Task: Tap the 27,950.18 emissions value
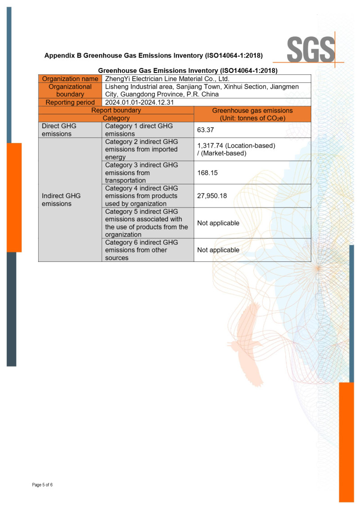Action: pos(215,195)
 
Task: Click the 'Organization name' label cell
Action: pos(70,79)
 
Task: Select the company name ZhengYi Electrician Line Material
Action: pos(167,79)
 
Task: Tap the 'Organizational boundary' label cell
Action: pos(70,90)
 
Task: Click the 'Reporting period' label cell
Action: pos(70,102)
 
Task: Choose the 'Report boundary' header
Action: pos(116,110)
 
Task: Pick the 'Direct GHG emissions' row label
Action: pos(59,130)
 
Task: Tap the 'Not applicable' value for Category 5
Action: pos(218,223)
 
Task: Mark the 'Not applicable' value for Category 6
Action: pos(218,250)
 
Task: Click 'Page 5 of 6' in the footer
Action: pos(42,485)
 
